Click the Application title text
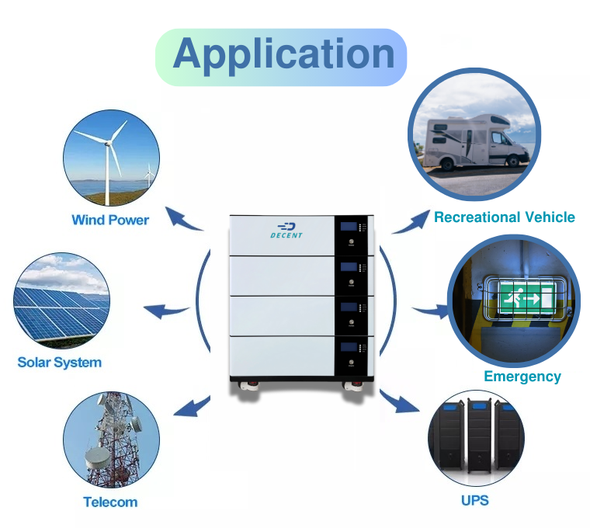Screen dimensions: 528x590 [x=283, y=54]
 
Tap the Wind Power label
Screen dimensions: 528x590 [x=110, y=220]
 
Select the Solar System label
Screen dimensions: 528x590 [x=60, y=362]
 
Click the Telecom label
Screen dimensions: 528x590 [x=110, y=502]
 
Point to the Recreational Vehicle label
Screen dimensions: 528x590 [x=504, y=217]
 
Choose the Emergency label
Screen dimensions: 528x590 [x=522, y=377]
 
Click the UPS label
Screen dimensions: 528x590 [x=474, y=500]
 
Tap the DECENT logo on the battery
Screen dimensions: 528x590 [x=286, y=230]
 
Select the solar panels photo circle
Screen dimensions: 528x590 [x=61, y=299]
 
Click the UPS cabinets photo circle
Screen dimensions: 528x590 [x=474, y=439]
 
